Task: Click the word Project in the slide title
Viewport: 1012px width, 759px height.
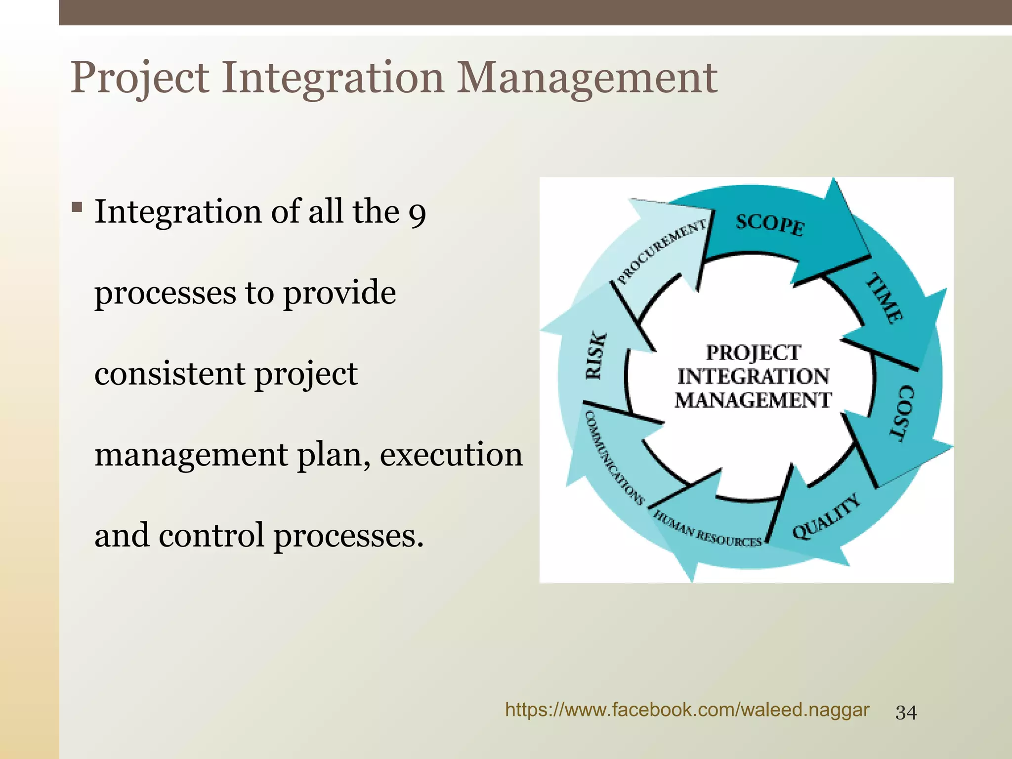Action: [140, 78]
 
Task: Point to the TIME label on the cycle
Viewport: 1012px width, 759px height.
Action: [885, 298]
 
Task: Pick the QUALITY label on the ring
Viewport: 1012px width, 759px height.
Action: [826, 516]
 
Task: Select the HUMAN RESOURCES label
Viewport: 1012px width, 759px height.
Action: [708, 530]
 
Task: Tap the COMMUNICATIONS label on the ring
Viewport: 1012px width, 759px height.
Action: [613, 458]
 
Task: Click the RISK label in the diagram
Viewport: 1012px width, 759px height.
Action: [595, 356]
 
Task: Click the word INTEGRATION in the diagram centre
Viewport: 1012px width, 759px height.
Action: [753, 377]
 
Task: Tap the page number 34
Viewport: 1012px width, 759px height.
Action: [906, 713]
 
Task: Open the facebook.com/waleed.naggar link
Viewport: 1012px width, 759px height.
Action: [687, 710]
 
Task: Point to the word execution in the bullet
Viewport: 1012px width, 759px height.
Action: [451, 455]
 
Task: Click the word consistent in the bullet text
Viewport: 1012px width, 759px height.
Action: [169, 374]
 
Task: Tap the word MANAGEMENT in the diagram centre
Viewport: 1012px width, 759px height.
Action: [753, 400]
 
